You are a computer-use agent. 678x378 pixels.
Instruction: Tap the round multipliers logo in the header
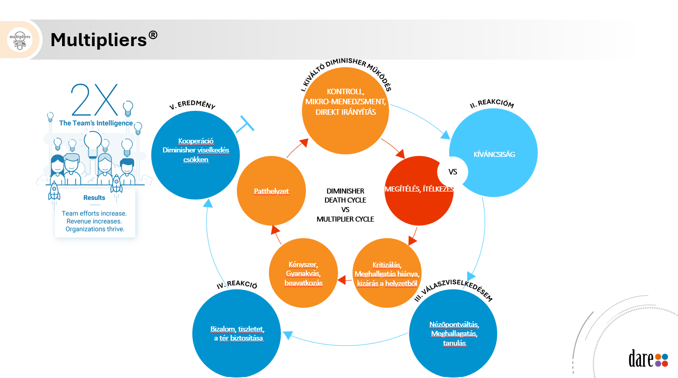pyautogui.click(x=20, y=40)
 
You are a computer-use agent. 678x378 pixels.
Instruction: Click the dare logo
pyautogui.click(x=648, y=358)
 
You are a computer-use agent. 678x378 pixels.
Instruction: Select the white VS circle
pyautogui.click(x=453, y=172)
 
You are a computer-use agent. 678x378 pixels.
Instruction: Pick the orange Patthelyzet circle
pyautogui.click(x=271, y=191)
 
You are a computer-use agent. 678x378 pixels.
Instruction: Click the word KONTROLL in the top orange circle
pyautogui.click(x=346, y=92)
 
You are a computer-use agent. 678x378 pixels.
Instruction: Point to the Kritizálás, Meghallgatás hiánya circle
pyautogui.click(x=387, y=274)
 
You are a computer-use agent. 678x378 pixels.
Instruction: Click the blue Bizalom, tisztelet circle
pyautogui.click(x=237, y=333)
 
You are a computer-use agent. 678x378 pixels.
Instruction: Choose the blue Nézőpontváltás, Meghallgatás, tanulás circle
pyautogui.click(x=454, y=333)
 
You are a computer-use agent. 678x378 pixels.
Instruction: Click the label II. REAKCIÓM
pyautogui.click(x=492, y=105)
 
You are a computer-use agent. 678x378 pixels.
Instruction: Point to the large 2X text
pyautogui.click(x=95, y=100)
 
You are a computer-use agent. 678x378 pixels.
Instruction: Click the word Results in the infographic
pyautogui.click(x=94, y=198)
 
